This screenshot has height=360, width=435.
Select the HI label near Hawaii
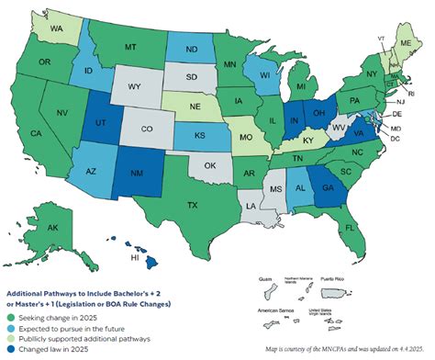[136, 259]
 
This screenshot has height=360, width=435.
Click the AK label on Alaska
[53, 229]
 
